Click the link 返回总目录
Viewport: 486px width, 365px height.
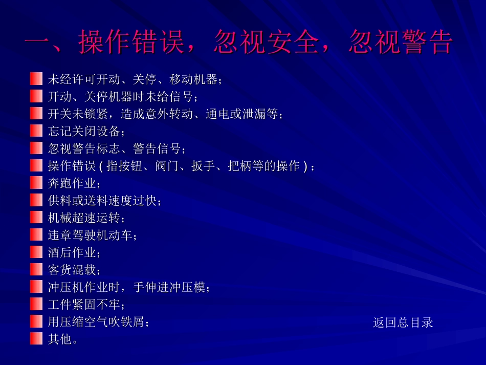pos(403,322)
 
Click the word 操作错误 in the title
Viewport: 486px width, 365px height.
pos(131,42)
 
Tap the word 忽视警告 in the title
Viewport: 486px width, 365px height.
pos(400,42)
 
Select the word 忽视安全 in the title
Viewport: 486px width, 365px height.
pos(266,42)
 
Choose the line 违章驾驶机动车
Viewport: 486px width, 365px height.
pos(92,235)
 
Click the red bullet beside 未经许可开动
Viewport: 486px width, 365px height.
pos(36,79)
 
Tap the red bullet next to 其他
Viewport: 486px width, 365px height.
pos(36,338)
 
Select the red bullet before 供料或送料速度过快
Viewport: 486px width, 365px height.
pos(36,200)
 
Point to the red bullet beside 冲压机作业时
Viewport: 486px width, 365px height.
pos(36,287)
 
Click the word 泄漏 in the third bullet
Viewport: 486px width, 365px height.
pos(254,114)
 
